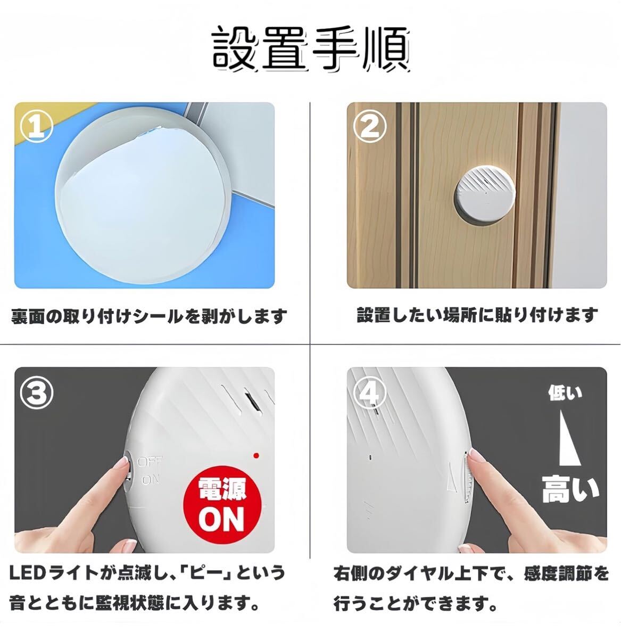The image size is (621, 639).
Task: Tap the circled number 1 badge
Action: click(36, 126)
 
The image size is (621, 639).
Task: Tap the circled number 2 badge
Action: click(369, 126)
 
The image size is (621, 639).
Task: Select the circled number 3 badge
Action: click(36, 392)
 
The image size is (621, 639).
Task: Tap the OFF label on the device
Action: click(150, 462)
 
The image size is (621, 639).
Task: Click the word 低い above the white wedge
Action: click(565, 394)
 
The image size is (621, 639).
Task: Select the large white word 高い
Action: click(570, 489)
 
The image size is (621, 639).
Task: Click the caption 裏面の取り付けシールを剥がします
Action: click(149, 317)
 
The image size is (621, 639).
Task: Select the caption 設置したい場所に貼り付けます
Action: click(477, 315)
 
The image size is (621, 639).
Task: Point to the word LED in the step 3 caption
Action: click(28, 574)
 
